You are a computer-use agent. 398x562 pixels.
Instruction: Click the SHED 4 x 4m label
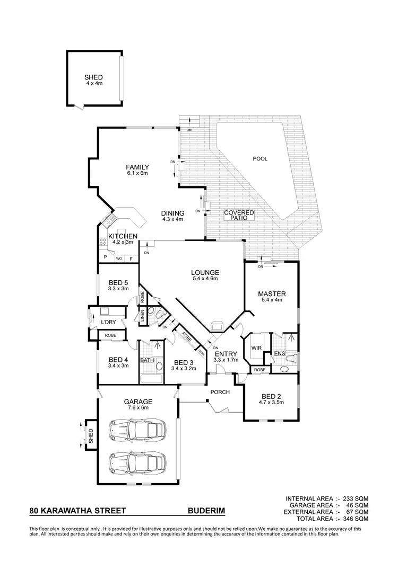tap(94, 80)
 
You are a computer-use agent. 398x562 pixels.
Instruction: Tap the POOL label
tap(260, 158)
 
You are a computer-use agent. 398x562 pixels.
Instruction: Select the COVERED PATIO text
tap(239, 215)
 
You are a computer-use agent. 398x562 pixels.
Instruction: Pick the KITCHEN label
tap(123, 239)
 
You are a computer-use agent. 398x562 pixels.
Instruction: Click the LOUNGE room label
tap(204, 275)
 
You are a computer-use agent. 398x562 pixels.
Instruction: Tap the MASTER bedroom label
tap(272, 297)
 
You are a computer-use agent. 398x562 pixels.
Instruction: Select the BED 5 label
tap(118, 285)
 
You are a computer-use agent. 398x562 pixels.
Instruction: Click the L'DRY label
tap(108, 322)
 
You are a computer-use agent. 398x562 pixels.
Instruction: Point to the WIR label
tap(256, 348)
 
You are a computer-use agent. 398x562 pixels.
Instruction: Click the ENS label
tap(279, 353)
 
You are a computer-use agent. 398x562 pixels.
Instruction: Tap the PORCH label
tap(220, 392)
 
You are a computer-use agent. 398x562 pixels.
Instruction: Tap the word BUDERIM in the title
tap(206, 511)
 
